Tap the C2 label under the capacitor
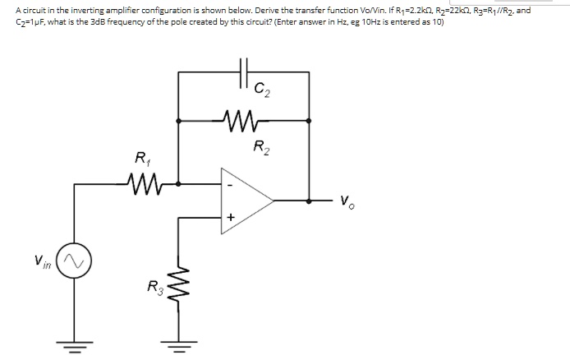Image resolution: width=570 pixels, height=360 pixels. (260, 86)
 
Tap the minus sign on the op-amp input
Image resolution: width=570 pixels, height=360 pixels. (232, 184)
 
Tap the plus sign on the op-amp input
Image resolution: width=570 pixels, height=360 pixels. (231, 217)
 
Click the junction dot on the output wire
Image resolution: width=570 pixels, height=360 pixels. (309, 199)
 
